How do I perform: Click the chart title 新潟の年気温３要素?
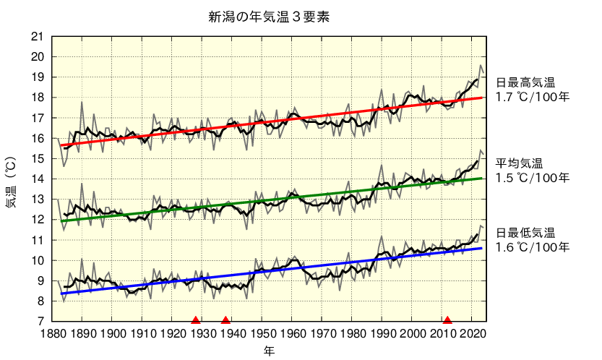269,17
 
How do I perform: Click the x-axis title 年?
269,351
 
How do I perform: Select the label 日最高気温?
525,82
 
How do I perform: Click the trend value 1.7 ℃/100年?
532,96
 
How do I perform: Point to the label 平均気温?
519,163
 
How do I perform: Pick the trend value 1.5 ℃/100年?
532,177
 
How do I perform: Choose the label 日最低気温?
525,233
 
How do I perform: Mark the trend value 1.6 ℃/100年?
532,247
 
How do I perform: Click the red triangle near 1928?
195,320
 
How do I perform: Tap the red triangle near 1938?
225,320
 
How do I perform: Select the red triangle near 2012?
447,320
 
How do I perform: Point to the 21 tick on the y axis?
38,37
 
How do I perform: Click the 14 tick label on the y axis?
38,179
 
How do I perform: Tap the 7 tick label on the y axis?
40,321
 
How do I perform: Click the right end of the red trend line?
483,97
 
